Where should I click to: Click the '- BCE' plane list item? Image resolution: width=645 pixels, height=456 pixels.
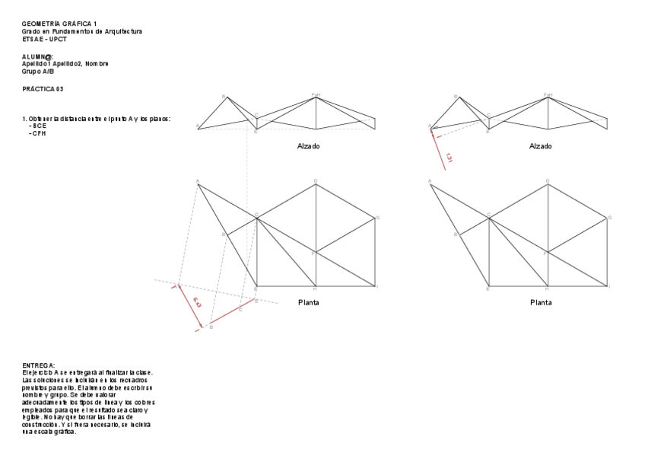pos(39,126)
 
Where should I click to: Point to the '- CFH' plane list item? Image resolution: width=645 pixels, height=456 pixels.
pos(39,133)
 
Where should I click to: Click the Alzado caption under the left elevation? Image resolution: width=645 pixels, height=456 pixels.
pos(308,145)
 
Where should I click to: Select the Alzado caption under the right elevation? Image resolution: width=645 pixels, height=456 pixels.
pos(541,145)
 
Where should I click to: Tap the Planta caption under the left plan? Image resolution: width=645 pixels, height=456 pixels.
pos(308,302)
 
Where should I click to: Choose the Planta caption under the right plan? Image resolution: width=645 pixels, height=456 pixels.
pos(541,302)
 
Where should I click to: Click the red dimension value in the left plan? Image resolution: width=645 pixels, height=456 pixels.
pos(197,304)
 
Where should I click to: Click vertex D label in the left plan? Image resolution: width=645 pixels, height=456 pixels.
pos(316,180)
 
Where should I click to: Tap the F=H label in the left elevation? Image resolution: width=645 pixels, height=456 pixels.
pos(316,95)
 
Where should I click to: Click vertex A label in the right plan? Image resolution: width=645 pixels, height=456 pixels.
pos(431,181)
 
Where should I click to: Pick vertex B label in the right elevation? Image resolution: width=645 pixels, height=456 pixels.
pos(456,97)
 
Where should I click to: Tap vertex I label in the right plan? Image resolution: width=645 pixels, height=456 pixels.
pos(610,287)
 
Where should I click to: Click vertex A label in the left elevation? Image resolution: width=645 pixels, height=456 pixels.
pos(197,126)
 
